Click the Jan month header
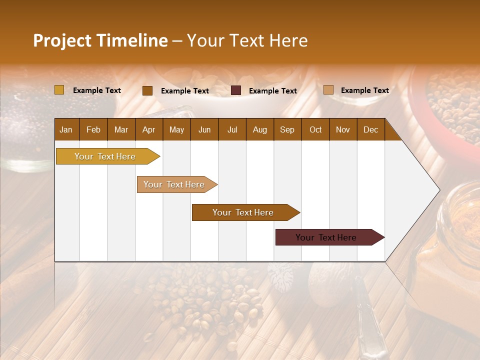pos(66,129)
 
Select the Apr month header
pos(148,129)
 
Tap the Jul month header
pos(232,129)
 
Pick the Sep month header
pos(287,129)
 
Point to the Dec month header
pos(370,129)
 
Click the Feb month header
pos(93,129)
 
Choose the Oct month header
pos(315,129)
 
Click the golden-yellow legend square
pos(59,90)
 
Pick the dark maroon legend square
pos(236,90)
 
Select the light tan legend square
pos(328,90)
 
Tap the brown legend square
pos(147,90)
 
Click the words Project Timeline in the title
pos(100,40)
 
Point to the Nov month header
pos(343,129)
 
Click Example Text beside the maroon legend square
pos(273,91)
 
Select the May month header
pos(176,129)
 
